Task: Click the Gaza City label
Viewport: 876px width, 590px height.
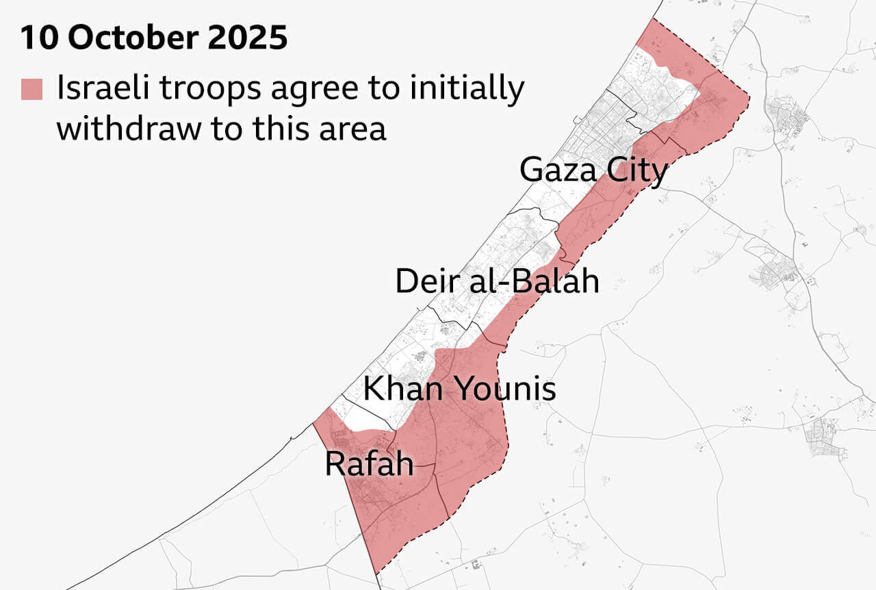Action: [593, 170]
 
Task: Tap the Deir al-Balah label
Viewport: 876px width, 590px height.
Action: [497, 281]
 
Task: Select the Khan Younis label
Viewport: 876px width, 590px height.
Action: [459, 389]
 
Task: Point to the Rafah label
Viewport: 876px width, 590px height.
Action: [369, 464]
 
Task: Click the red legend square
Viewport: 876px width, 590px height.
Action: [31, 90]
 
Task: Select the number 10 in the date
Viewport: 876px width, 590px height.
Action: [39, 38]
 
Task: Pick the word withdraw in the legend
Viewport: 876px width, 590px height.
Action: [128, 127]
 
